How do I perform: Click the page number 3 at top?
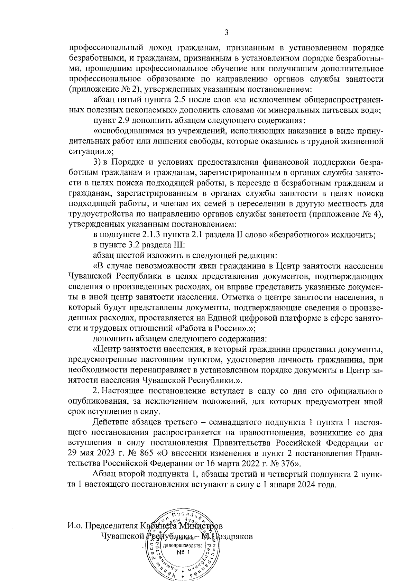pos(226,33)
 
